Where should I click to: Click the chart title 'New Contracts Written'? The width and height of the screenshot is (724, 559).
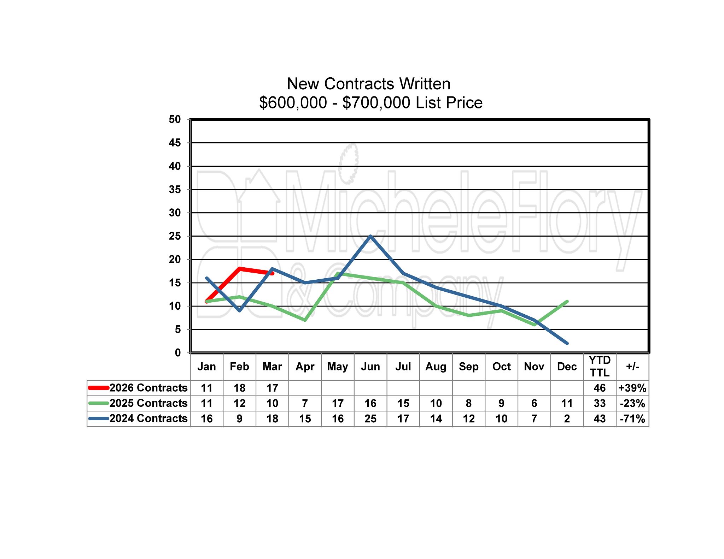[368, 84]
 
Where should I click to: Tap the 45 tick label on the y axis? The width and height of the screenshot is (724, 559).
[175, 143]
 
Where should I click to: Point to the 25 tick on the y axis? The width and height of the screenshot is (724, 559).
[175, 236]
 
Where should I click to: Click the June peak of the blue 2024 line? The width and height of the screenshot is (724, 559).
[370, 236]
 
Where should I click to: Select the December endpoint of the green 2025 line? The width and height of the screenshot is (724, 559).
[567, 301]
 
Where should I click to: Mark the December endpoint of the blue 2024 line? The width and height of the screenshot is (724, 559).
[567, 343]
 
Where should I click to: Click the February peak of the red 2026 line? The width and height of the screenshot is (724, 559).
[240, 269]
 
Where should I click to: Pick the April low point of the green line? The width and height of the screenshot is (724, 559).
[305, 320]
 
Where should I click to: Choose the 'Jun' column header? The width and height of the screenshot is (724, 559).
[370, 367]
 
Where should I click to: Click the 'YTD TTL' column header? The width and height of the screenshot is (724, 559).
[600, 367]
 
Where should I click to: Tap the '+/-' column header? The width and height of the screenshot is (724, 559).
[632, 367]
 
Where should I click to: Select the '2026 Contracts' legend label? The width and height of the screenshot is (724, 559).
[148, 388]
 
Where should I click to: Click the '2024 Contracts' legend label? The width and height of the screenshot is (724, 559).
[148, 418]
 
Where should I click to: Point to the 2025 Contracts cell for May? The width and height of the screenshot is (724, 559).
[338, 403]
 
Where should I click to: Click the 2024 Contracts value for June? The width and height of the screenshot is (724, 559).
[370, 419]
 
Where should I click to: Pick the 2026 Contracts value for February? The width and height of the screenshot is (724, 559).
[240, 388]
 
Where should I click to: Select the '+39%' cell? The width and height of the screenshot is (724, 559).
[632, 388]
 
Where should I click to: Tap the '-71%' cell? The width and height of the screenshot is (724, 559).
[632, 419]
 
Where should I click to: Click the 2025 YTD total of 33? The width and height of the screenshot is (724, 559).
[600, 403]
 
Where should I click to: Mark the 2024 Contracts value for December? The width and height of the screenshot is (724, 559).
[567, 419]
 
